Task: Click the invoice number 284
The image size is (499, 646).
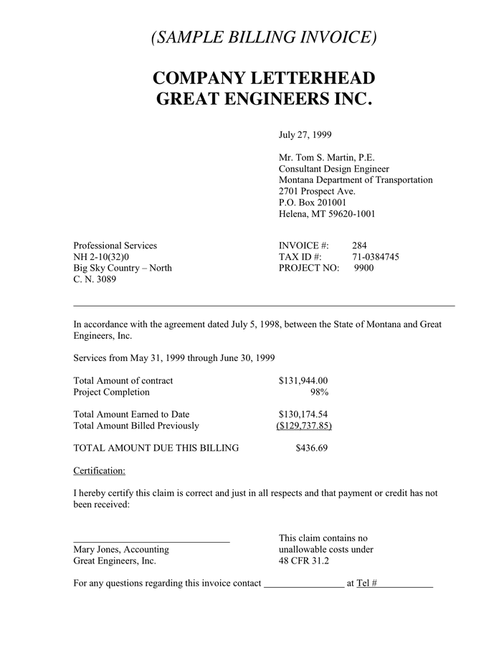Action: tap(359, 245)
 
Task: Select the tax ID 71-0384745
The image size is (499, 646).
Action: tap(375, 257)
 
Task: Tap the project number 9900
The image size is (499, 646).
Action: tap(363, 268)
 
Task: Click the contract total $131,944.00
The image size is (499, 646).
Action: tap(303, 380)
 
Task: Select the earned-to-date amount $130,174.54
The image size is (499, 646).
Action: tap(303, 414)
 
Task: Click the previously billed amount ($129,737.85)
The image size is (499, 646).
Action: tap(303, 426)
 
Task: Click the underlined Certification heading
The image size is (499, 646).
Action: tap(100, 471)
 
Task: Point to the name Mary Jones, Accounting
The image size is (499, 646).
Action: tap(121, 550)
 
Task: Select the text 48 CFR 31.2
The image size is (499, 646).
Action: tap(304, 561)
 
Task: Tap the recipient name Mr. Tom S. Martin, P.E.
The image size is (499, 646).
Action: tap(326, 157)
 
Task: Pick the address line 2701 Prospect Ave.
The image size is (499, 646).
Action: tap(317, 192)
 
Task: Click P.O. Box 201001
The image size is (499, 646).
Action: tap(313, 202)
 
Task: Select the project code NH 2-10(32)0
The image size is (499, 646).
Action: tap(102, 257)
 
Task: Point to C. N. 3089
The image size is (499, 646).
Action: tap(95, 280)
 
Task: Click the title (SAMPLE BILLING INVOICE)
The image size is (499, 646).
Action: tap(264, 37)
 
